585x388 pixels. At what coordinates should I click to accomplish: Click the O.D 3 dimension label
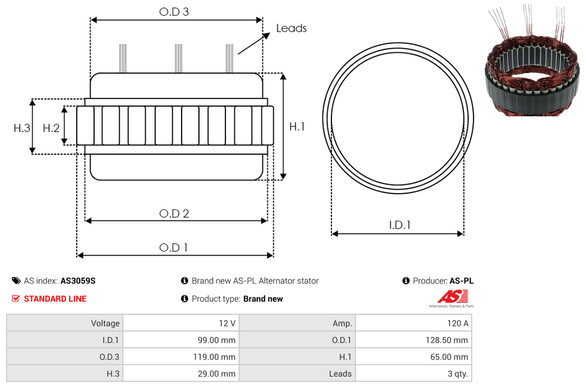point(174,11)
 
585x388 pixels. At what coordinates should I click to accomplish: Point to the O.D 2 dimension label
point(174,213)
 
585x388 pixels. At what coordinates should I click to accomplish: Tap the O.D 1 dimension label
point(173,247)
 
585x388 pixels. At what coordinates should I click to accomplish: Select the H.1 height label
point(297,127)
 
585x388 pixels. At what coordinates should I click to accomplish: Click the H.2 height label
point(51,128)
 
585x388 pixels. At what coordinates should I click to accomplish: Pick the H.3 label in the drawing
point(22,128)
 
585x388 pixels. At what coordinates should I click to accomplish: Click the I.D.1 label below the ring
point(400,225)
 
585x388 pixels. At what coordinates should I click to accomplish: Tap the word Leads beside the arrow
point(291,28)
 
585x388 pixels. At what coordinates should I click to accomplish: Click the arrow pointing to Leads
point(254,43)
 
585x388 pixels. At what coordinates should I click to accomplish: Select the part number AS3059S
point(78,281)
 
